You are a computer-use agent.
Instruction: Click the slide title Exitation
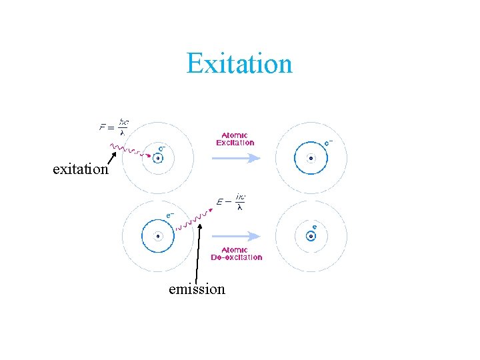[x=239, y=64]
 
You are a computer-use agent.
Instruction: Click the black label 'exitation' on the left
[x=80, y=169]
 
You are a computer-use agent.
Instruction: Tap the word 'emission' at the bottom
[x=197, y=289]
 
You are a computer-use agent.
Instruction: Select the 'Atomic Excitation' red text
[x=235, y=139]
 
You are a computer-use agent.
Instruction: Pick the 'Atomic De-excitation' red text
[x=236, y=254]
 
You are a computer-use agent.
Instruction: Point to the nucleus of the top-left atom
[x=158, y=159]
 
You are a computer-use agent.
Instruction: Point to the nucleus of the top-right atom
[x=311, y=159]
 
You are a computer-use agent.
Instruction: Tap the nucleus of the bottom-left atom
[x=158, y=235]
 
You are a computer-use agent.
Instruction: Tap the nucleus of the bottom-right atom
[x=311, y=235]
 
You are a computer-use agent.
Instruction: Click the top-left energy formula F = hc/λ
[x=115, y=127]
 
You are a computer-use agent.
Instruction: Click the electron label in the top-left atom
[x=161, y=148]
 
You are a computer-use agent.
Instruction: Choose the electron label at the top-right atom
[x=329, y=143]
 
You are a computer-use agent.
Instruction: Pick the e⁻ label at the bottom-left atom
[x=171, y=215]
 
